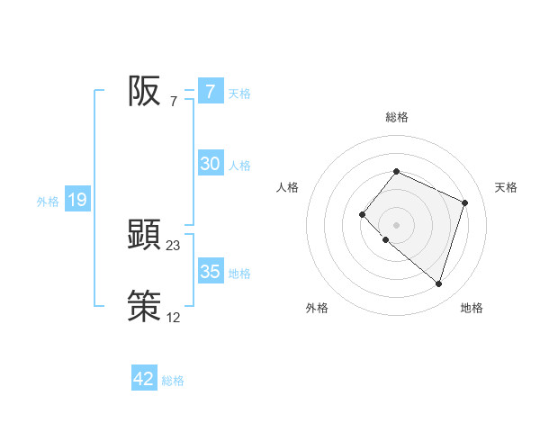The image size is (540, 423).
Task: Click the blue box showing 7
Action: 210,92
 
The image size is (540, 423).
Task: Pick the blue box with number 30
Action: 210,164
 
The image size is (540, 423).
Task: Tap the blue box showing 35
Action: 210,272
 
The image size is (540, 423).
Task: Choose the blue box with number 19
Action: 77,201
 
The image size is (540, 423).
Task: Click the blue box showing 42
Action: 144,379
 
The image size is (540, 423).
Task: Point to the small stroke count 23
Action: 174,245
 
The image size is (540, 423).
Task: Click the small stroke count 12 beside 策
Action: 174,317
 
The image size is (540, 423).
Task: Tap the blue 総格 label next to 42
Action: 173,381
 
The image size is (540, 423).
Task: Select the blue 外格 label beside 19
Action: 48,202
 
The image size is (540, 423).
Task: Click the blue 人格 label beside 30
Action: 239,165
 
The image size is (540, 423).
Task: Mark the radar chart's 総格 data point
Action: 396,171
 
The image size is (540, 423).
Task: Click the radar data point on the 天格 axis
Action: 465,202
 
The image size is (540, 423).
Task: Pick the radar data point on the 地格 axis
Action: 438,283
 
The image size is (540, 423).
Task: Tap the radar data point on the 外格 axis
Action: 385,240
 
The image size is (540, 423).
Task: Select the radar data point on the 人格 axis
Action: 361,214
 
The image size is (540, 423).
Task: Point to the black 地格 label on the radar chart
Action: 472,308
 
